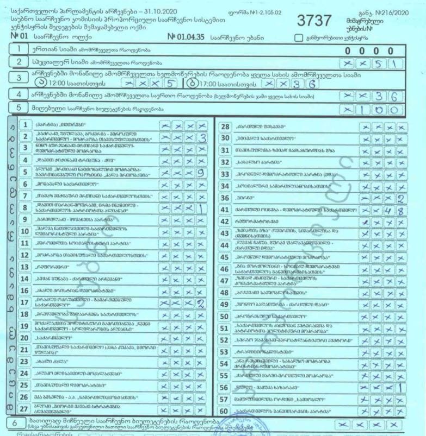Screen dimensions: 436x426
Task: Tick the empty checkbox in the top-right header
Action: (298, 38)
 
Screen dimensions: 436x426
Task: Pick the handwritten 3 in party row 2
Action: (202, 138)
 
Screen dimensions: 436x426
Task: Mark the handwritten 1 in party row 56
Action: (400, 388)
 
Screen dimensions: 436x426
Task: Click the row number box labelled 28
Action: (225, 127)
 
